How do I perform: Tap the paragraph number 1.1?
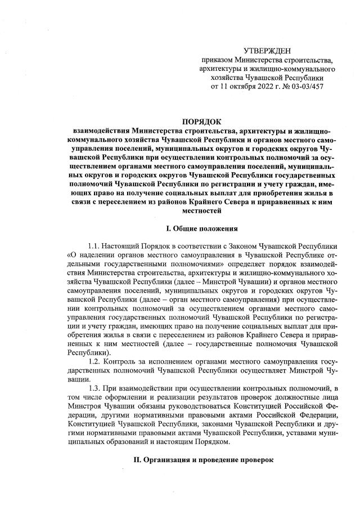pyautogui.click(x=95, y=247)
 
